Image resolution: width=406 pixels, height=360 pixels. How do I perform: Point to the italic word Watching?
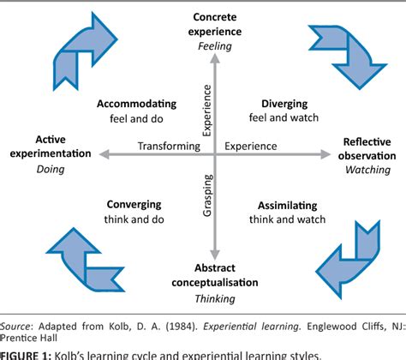click(367, 171)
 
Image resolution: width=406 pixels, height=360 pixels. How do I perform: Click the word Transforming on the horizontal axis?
click(168, 147)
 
